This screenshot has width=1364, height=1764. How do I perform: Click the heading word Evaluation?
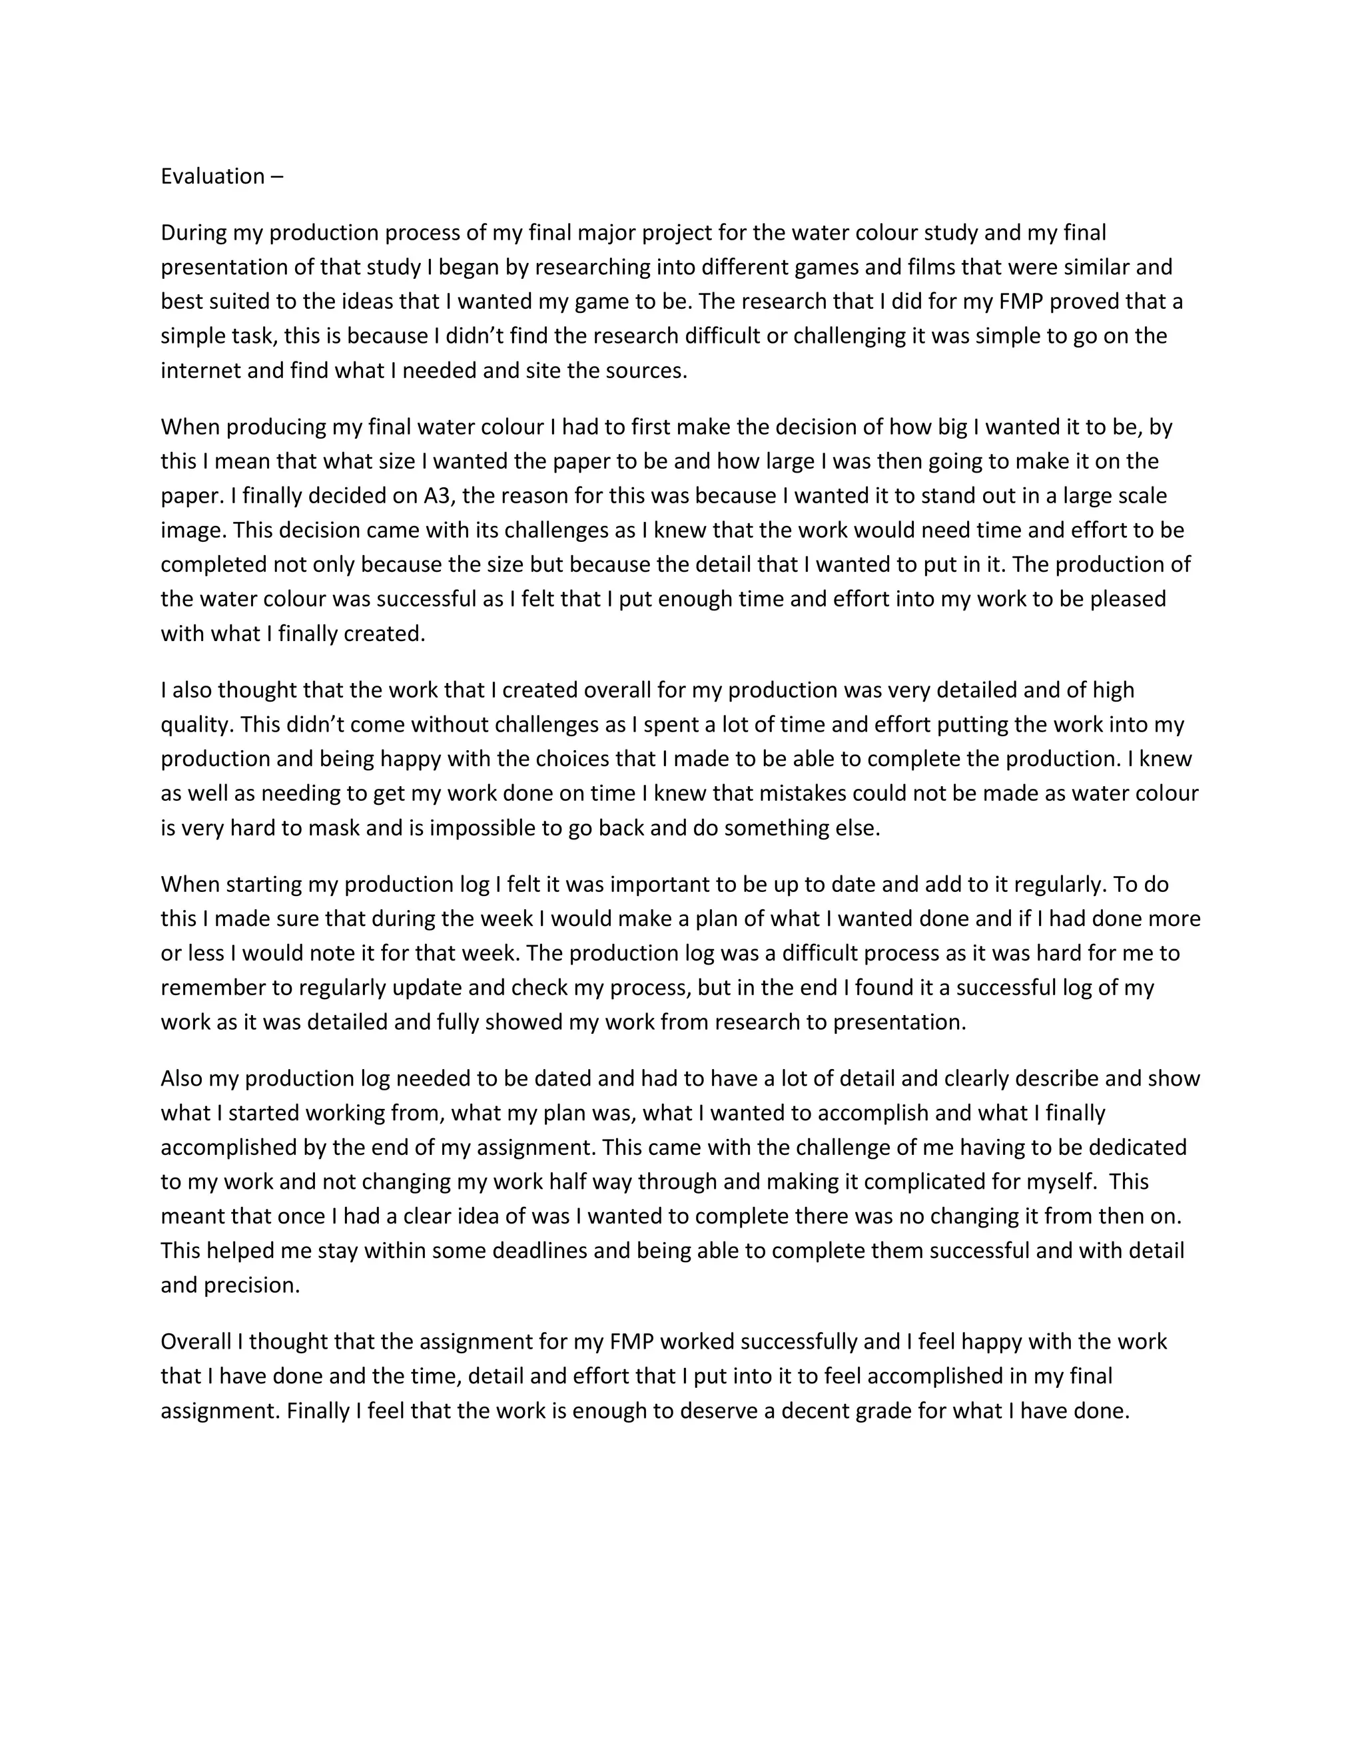212,176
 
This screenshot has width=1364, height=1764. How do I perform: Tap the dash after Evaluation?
277,176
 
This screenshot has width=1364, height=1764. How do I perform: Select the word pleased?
1128,599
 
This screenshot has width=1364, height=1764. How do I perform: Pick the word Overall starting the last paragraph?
196,1341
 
